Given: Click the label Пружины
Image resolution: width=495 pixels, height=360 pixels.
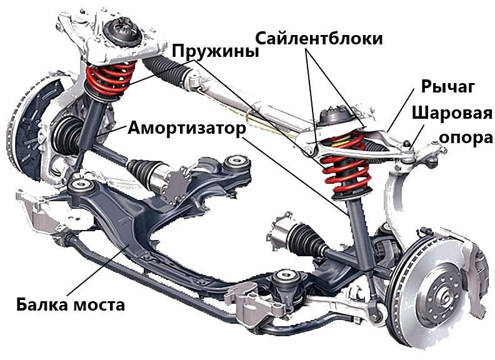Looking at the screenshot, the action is (216, 51).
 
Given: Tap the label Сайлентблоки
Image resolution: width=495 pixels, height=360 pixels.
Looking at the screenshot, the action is (319, 39).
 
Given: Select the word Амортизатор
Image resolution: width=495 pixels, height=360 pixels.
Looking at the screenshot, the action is (187, 128).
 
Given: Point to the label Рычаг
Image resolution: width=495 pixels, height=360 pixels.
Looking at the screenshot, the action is (448, 86).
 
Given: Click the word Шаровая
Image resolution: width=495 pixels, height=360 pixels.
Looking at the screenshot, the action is (452, 113).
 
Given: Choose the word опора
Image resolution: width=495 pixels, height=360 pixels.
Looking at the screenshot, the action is (466, 137).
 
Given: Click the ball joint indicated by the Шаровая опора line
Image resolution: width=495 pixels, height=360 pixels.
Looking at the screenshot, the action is (407, 146).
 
